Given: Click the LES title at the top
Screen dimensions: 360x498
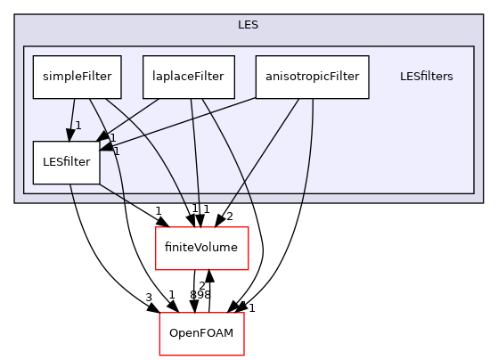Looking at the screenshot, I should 249,24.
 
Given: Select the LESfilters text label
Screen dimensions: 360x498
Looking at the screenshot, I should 427,76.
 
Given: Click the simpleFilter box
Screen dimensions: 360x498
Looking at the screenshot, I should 78,76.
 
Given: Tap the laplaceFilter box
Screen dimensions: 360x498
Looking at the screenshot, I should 189,76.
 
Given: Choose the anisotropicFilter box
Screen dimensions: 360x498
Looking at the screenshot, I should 312,76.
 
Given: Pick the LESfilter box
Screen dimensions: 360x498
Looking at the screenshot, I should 67,162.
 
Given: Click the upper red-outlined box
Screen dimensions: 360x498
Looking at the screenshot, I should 201,248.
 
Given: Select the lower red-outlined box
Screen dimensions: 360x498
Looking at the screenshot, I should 201,334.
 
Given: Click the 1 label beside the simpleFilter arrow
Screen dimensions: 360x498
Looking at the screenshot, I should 78,126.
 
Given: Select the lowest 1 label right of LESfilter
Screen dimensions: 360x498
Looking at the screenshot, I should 116,151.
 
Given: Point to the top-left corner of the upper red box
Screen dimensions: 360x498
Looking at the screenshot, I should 156,227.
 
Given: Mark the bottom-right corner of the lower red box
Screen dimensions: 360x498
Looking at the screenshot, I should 244,356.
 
